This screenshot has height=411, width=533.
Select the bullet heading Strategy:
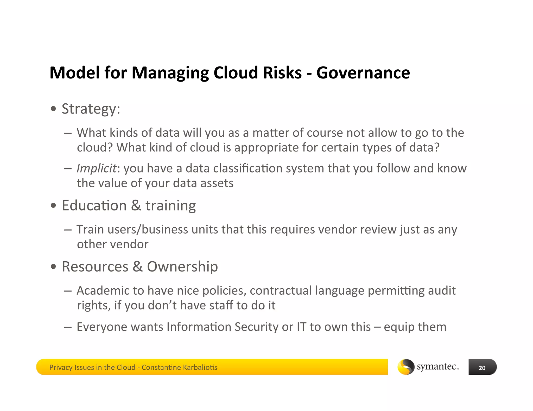[x=91, y=109]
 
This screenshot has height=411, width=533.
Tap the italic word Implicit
[x=96, y=169]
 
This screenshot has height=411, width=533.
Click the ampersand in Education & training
[x=136, y=206]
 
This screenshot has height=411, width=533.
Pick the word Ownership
[x=182, y=267]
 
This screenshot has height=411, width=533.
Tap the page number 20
[x=482, y=368]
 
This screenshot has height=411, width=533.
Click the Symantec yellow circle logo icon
[x=406, y=367]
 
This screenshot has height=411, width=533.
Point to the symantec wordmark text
[x=437, y=367]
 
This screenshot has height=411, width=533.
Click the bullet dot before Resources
[x=53, y=267]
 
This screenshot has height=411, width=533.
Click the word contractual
[x=281, y=290]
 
